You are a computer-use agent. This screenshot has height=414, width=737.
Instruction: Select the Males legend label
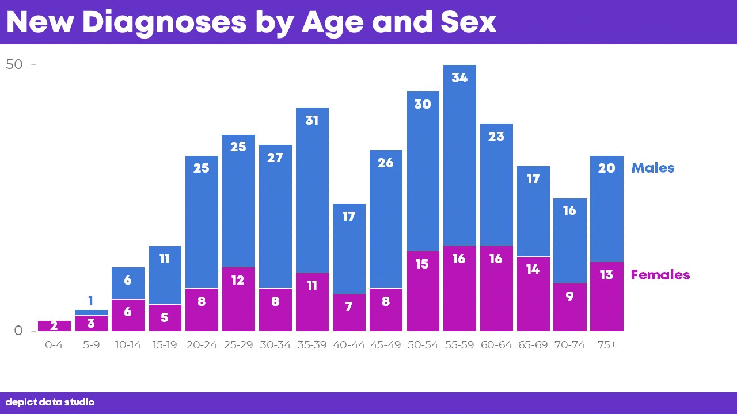coord(652,168)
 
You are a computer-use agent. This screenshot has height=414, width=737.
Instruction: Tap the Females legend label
coord(660,275)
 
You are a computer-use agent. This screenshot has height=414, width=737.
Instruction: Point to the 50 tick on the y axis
coord(14,65)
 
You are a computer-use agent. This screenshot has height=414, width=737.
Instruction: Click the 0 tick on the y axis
coord(18,331)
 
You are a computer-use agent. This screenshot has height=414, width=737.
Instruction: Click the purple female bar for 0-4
coord(54,326)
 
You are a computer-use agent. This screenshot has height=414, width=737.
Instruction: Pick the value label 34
coord(459,78)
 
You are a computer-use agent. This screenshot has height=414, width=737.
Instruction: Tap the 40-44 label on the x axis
coord(349,345)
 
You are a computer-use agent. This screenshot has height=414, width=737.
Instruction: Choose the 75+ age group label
coord(606,345)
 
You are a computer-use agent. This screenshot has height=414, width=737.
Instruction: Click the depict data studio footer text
coord(50,402)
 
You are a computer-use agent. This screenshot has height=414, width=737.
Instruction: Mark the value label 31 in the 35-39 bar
coord(312,121)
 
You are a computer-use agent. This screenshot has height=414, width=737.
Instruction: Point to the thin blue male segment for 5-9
coord(91,312)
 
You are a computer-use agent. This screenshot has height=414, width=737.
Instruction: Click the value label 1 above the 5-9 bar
coord(91,301)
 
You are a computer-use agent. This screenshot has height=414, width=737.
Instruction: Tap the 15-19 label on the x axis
coord(165,345)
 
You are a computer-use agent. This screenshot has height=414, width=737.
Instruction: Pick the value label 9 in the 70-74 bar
coord(569,297)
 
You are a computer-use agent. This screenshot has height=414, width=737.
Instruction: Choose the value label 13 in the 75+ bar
coord(606,275)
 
